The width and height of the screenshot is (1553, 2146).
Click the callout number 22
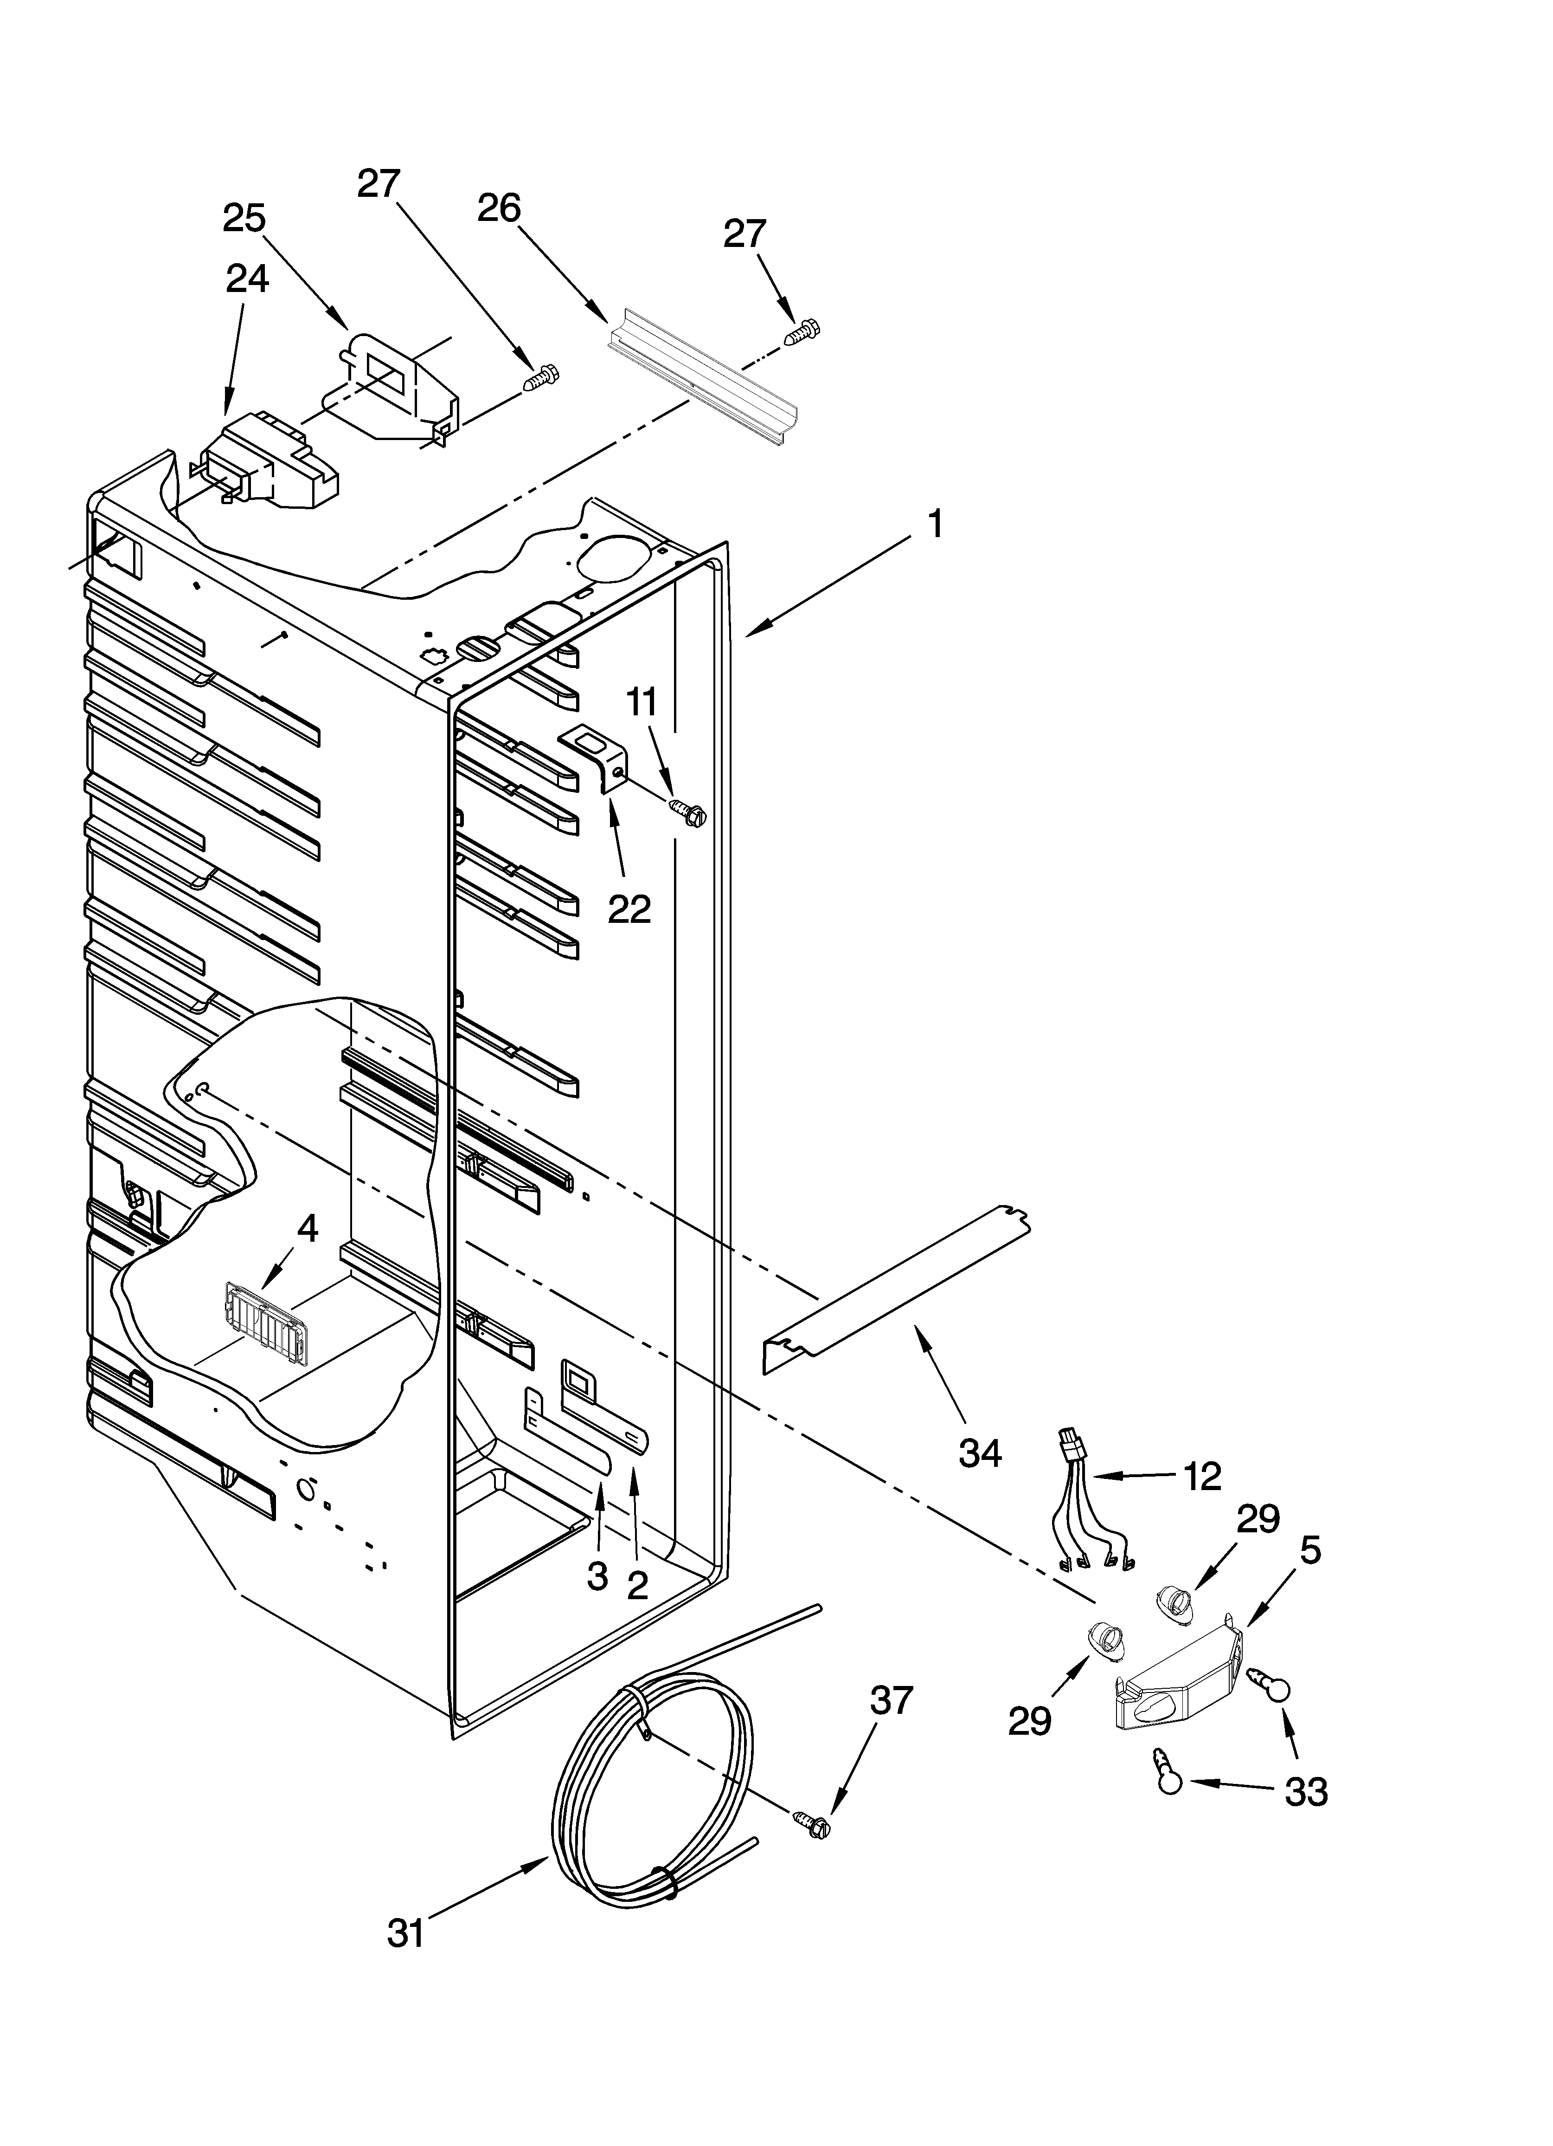tap(629, 908)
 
